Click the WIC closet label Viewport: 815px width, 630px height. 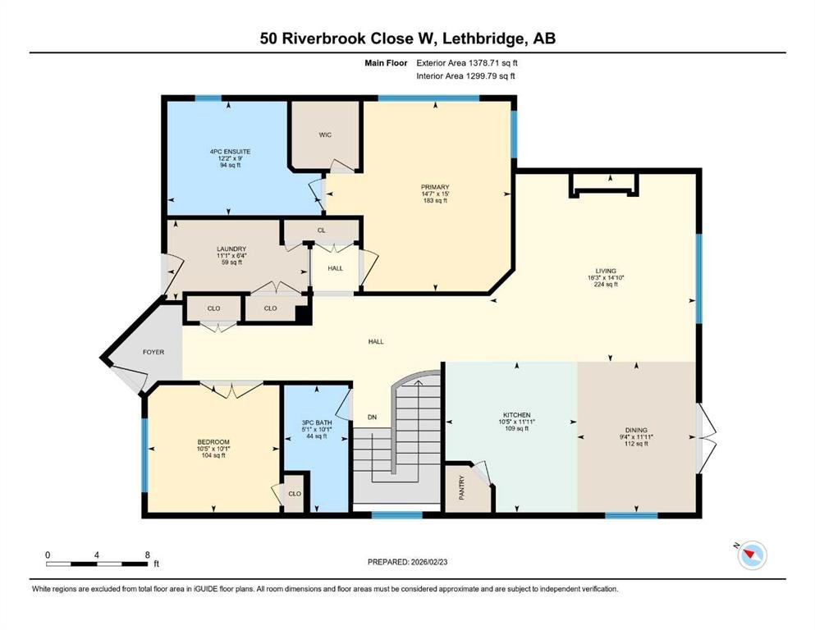pyautogui.click(x=325, y=135)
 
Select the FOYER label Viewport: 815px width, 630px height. pyautogui.click(x=153, y=352)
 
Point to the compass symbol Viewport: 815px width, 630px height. pyautogui.click(x=751, y=555)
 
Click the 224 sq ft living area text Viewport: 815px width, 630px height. pyautogui.click(x=605, y=286)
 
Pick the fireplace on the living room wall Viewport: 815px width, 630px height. pyautogui.click(x=604, y=186)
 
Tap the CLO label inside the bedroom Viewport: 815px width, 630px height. pyautogui.click(x=293, y=495)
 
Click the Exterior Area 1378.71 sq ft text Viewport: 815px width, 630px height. pyautogui.click(x=467, y=62)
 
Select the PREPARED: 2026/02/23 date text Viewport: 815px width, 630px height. pyautogui.click(x=407, y=562)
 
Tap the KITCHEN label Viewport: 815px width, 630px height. pyautogui.click(x=517, y=415)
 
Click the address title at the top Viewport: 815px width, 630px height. pyautogui.click(x=407, y=38)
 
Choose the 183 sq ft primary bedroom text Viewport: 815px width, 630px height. pyautogui.click(x=435, y=201)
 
